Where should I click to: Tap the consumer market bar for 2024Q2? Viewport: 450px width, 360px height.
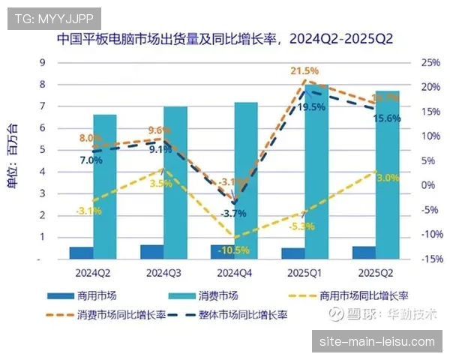point(105,187)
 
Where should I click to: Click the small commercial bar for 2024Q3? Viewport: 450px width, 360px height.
point(151,251)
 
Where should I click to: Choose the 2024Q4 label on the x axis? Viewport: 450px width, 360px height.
point(233,271)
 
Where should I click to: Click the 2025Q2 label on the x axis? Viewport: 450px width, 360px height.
point(374,271)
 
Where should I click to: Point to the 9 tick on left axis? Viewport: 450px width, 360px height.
point(42,63)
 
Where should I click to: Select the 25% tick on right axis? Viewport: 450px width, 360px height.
point(430,63)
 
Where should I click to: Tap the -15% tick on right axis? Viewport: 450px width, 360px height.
point(430,259)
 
